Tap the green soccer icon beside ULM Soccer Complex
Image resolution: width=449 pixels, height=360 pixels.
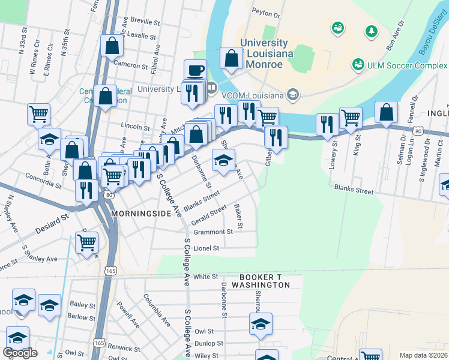pyautogui.click(x=359, y=64)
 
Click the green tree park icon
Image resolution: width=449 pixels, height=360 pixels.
pyautogui.click(x=372, y=30)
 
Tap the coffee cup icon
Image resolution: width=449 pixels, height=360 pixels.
pyautogui.click(x=194, y=70)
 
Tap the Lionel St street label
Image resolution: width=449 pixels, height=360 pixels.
pyautogui.click(x=207, y=247)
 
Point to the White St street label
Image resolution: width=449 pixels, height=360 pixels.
pyautogui.click(x=205, y=277)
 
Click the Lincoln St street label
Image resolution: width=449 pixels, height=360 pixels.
pyautogui.click(x=135, y=127)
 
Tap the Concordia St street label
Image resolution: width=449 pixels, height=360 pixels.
pyautogui.click(x=43, y=178)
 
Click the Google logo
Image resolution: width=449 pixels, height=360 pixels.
pyautogui.click(x=20, y=353)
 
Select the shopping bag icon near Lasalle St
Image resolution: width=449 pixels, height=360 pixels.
pyautogui.click(x=112, y=45)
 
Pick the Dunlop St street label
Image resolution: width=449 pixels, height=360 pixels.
pyautogui.click(x=209, y=344)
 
